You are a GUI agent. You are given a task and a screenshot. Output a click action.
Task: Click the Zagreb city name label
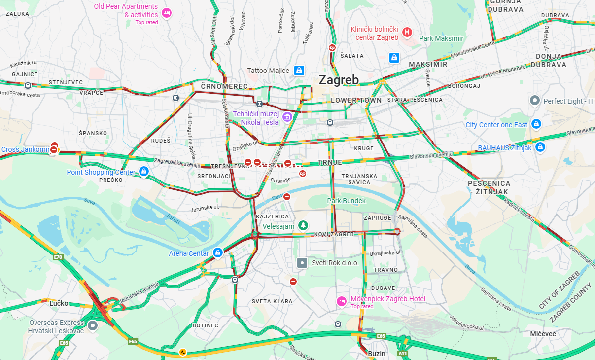pos(339,80)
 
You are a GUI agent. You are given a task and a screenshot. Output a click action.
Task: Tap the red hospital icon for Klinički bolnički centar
pos(407,33)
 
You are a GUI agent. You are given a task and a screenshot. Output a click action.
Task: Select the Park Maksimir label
pos(441,38)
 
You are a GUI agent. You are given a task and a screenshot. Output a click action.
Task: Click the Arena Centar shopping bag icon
pos(217,253)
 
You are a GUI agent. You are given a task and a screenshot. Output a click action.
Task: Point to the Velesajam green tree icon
pos(304,225)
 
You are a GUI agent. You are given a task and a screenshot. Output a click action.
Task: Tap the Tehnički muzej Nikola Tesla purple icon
pos(287,117)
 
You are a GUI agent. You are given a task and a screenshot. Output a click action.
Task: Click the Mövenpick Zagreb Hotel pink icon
pos(341,301)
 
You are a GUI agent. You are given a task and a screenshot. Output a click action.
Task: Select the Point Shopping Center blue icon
pos(143,171)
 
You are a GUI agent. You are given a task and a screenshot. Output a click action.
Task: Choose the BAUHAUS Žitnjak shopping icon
pos(540,147)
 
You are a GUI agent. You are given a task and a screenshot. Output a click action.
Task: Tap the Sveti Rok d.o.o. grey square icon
pos(302,263)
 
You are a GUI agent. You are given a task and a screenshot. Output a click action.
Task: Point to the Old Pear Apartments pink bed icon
pos(167,13)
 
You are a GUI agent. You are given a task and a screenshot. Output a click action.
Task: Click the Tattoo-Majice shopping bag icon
pos(299,71)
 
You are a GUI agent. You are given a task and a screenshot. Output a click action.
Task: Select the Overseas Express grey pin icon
pos(93,325)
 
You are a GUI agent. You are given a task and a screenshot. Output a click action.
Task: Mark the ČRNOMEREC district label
pos(224,87)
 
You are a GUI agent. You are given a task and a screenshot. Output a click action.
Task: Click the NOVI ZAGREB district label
pos(334,234)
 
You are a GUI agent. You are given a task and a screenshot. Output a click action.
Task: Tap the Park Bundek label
pos(347,201)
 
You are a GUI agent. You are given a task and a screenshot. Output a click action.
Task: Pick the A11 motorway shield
pos(403,353)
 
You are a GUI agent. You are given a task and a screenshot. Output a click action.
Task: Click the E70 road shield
pos(58,257)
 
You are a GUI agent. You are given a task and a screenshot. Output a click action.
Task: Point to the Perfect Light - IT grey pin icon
pos(534,101)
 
